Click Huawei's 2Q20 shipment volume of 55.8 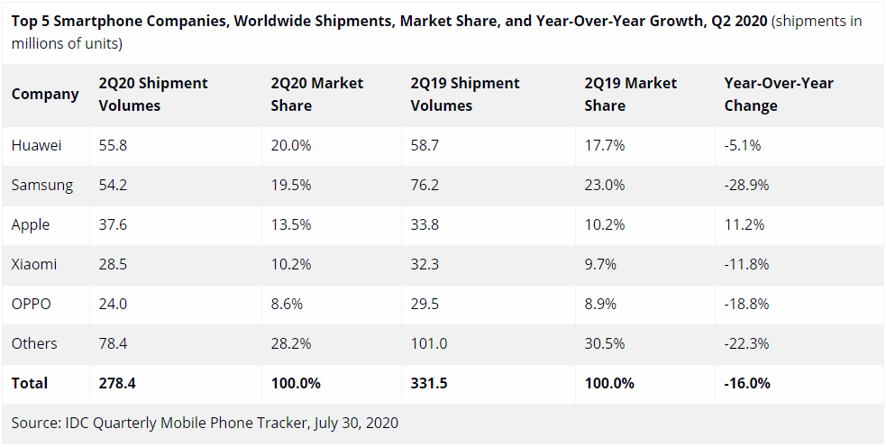[113, 146]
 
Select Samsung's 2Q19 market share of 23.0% [605, 186]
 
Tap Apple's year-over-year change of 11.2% [744, 225]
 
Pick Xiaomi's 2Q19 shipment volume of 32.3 [425, 264]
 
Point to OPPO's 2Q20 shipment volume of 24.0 [113, 304]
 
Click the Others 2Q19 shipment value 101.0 [429, 343]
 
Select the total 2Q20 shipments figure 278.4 [117, 383]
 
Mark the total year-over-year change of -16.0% [747, 383]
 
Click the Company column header [45, 94]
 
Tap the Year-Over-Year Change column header [779, 95]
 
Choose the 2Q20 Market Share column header [317, 95]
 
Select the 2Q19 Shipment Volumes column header [465, 95]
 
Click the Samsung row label [41, 186]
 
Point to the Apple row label [31, 225]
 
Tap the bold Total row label [30, 383]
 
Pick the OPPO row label [31, 304]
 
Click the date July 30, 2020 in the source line [355, 423]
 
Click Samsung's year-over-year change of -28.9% [747, 186]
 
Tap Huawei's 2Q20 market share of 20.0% [291, 146]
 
